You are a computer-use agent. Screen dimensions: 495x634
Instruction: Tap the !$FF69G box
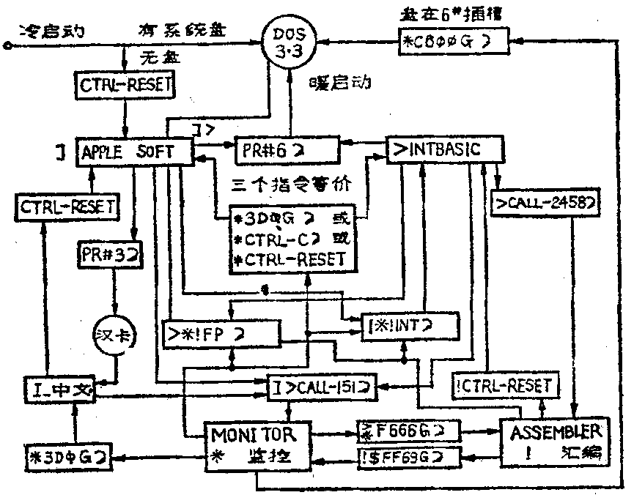402,458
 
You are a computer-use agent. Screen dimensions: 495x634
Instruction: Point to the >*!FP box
221,334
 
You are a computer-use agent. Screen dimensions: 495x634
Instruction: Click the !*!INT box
410,324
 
